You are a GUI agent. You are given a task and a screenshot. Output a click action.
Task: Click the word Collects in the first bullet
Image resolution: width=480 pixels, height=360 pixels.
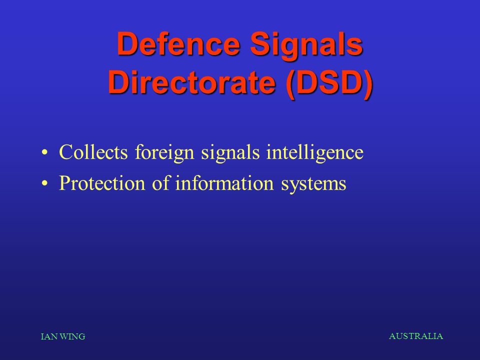click(x=93, y=152)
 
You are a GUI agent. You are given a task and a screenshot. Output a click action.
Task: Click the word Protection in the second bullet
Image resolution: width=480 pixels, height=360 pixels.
click(x=102, y=183)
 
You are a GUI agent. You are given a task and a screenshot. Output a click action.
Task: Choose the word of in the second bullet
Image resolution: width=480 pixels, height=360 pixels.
click(x=160, y=183)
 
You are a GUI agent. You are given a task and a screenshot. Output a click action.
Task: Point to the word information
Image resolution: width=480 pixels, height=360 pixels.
click(x=224, y=183)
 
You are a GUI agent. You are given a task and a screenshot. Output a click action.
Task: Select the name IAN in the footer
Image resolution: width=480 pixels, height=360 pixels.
click(x=49, y=336)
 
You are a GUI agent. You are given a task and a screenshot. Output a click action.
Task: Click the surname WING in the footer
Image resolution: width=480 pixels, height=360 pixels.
click(x=72, y=336)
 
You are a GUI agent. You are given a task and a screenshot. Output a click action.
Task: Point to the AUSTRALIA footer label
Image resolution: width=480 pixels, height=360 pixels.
click(x=415, y=336)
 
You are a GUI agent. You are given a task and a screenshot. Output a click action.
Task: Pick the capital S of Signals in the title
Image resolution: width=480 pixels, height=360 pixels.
click(x=260, y=44)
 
